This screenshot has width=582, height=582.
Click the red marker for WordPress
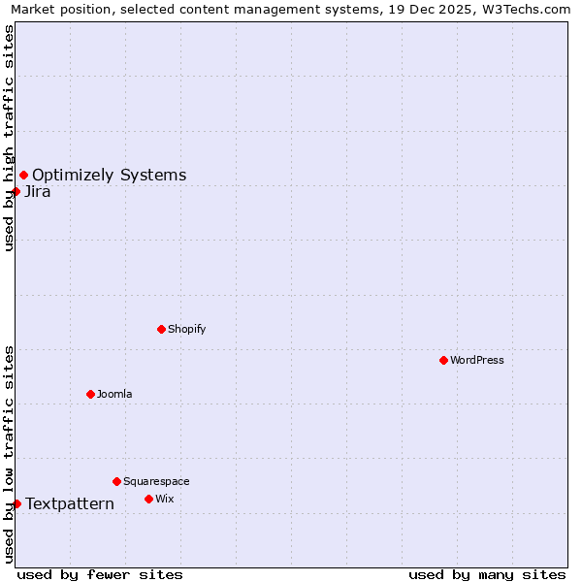tap(443, 360)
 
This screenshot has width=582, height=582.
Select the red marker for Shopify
tap(161, 329)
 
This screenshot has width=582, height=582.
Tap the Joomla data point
tap(90, 394)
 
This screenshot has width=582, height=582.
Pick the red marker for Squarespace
tap(116, 481)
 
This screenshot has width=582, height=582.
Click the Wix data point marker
tap(148, 499)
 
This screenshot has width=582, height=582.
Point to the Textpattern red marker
tap(16, 503)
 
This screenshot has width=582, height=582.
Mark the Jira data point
tap(16, 191)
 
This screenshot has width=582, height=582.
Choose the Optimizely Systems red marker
tap(23, 175)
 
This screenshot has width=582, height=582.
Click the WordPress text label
tap(477, 360)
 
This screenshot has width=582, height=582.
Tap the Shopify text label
tap(187, 329)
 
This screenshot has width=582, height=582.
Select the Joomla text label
tap(114, 394)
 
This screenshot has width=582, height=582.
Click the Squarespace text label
tap(156, 481)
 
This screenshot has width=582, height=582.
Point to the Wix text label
tap(165, 499)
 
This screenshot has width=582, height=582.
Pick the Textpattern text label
tap(70, 503)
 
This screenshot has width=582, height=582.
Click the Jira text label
tap(38, 191)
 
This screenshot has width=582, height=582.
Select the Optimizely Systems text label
tap(110, 175)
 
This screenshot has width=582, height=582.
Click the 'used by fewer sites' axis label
tap(100, 574)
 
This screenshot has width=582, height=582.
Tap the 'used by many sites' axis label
tap(487, 574)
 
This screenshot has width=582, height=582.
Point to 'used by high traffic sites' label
tap(9, 138)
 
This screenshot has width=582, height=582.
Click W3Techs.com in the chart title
tap(523, 9)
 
